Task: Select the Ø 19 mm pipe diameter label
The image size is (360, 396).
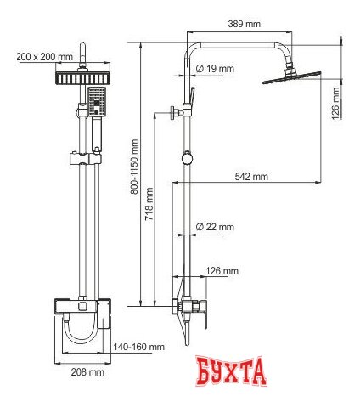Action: point(215,68)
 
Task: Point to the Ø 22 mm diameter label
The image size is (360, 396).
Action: point(215,227)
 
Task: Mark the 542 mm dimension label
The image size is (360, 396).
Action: point(252,177)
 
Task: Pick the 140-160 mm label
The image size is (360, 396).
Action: point(140,347)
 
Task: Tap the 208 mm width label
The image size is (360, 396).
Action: point(87,371)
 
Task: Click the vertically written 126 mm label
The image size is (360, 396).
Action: point(336,103)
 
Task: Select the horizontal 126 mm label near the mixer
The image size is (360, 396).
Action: point(222,271)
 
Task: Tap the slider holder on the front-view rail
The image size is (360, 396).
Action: point(84,156)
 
